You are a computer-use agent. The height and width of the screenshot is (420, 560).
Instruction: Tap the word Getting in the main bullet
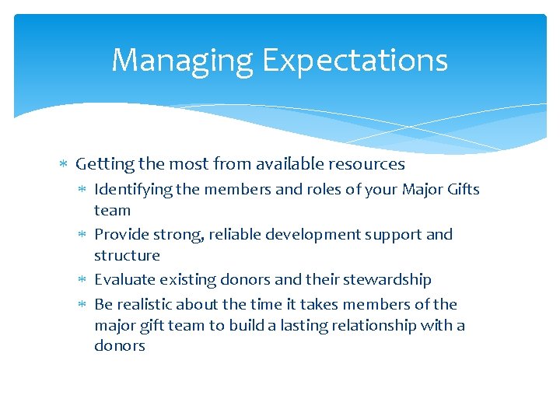[104, 164]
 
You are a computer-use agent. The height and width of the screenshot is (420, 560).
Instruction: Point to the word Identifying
[129, 190]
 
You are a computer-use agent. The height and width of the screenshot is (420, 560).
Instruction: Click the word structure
[127, 255]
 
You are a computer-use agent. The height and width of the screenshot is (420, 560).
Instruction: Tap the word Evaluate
[124, 280]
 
